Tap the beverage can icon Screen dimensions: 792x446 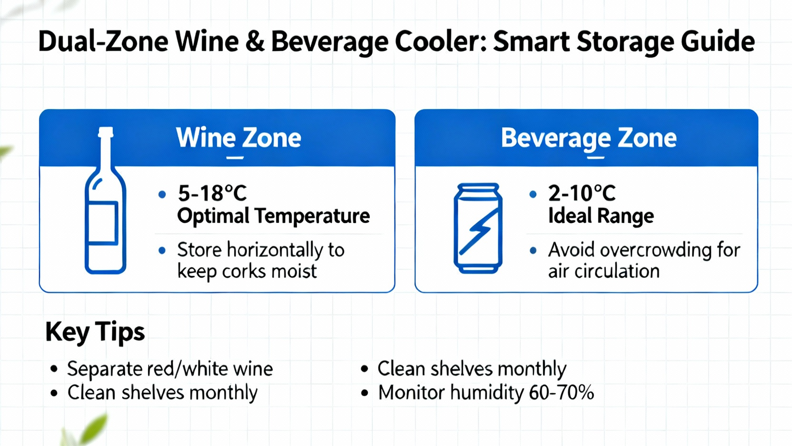click(478, 228)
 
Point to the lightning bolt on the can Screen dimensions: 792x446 click(478, 231)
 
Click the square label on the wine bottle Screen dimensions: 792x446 click(102, 223)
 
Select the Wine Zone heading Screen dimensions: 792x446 click(239, 138)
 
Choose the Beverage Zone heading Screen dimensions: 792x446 click(589, 138)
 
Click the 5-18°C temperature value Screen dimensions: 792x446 click(212, 193)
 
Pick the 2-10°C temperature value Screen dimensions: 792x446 click(582, 193)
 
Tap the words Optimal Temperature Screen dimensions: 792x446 click(273, 216)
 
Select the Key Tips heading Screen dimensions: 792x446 click(95, 332)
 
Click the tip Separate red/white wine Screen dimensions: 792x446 click(170, 369)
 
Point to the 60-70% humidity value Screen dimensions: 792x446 click(561, 392)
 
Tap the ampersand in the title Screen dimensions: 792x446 click(254, 42)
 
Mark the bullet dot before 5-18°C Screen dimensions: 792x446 click(162, 194)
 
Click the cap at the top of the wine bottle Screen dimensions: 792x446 click(105, 132)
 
